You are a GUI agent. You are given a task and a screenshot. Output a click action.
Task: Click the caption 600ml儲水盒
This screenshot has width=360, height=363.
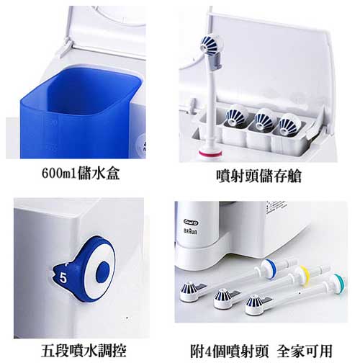tap(81, 173)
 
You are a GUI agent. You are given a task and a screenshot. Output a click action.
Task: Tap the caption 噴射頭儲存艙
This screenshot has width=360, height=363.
tap(258, 176)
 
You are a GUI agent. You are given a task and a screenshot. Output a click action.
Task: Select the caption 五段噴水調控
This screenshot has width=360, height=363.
tap(84, 351)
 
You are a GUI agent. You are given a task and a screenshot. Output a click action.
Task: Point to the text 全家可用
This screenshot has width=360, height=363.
tap(305, 351)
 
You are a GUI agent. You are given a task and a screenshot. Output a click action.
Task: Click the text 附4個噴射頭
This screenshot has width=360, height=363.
tap(230, 351)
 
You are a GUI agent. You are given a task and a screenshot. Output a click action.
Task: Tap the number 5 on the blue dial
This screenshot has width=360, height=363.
tap(63, 278)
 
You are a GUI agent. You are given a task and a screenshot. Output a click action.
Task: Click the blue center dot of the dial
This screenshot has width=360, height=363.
tap(103, 272)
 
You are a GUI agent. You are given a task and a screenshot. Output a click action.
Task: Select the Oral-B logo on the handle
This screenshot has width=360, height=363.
tap(192, 223)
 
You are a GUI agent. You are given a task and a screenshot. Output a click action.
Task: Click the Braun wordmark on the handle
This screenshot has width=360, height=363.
tap(190, 231)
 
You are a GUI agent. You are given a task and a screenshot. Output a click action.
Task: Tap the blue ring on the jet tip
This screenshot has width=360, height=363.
tap(271, 269)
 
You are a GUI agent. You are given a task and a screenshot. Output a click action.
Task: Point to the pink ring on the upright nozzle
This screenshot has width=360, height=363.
tap(210, 153)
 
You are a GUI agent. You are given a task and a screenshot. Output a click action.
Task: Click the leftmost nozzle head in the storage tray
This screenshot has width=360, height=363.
tap(236, 116)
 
